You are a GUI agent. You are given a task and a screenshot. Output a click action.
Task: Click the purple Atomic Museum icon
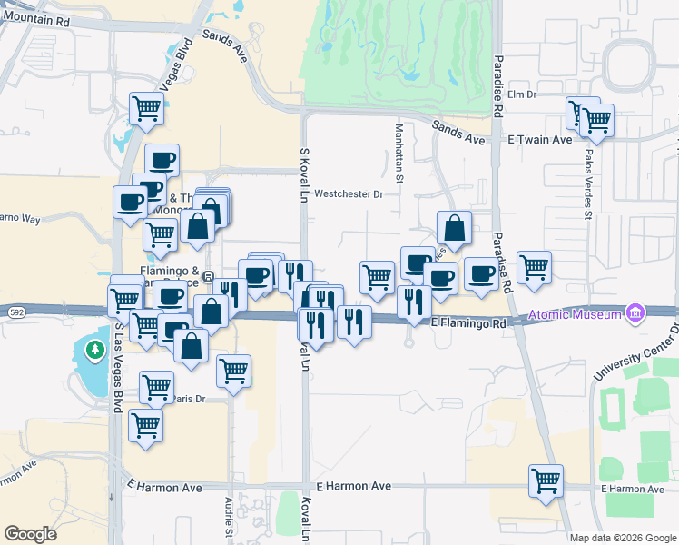(x=635, y=314)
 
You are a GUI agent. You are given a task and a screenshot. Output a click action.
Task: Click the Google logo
(x=30, y=534)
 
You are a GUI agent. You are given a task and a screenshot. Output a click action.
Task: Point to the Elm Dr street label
(x=523, y=94)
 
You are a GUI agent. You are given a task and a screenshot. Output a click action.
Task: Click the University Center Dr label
(x=635, y=353)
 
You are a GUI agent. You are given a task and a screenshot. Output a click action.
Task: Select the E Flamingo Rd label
(x=467, y=322)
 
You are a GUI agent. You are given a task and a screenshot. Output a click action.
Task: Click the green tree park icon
(x=93, y=349)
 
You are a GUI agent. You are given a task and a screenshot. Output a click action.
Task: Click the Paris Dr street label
(x=190, y=399)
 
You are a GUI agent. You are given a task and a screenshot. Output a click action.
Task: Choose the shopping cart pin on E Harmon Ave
(x=546, y=481)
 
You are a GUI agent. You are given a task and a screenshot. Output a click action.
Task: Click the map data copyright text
(x=624, y=538)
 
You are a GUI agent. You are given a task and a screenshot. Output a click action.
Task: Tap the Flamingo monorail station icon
(x=208, y=276)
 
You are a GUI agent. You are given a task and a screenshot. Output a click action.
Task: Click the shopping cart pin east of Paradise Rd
(x=535, y=268)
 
